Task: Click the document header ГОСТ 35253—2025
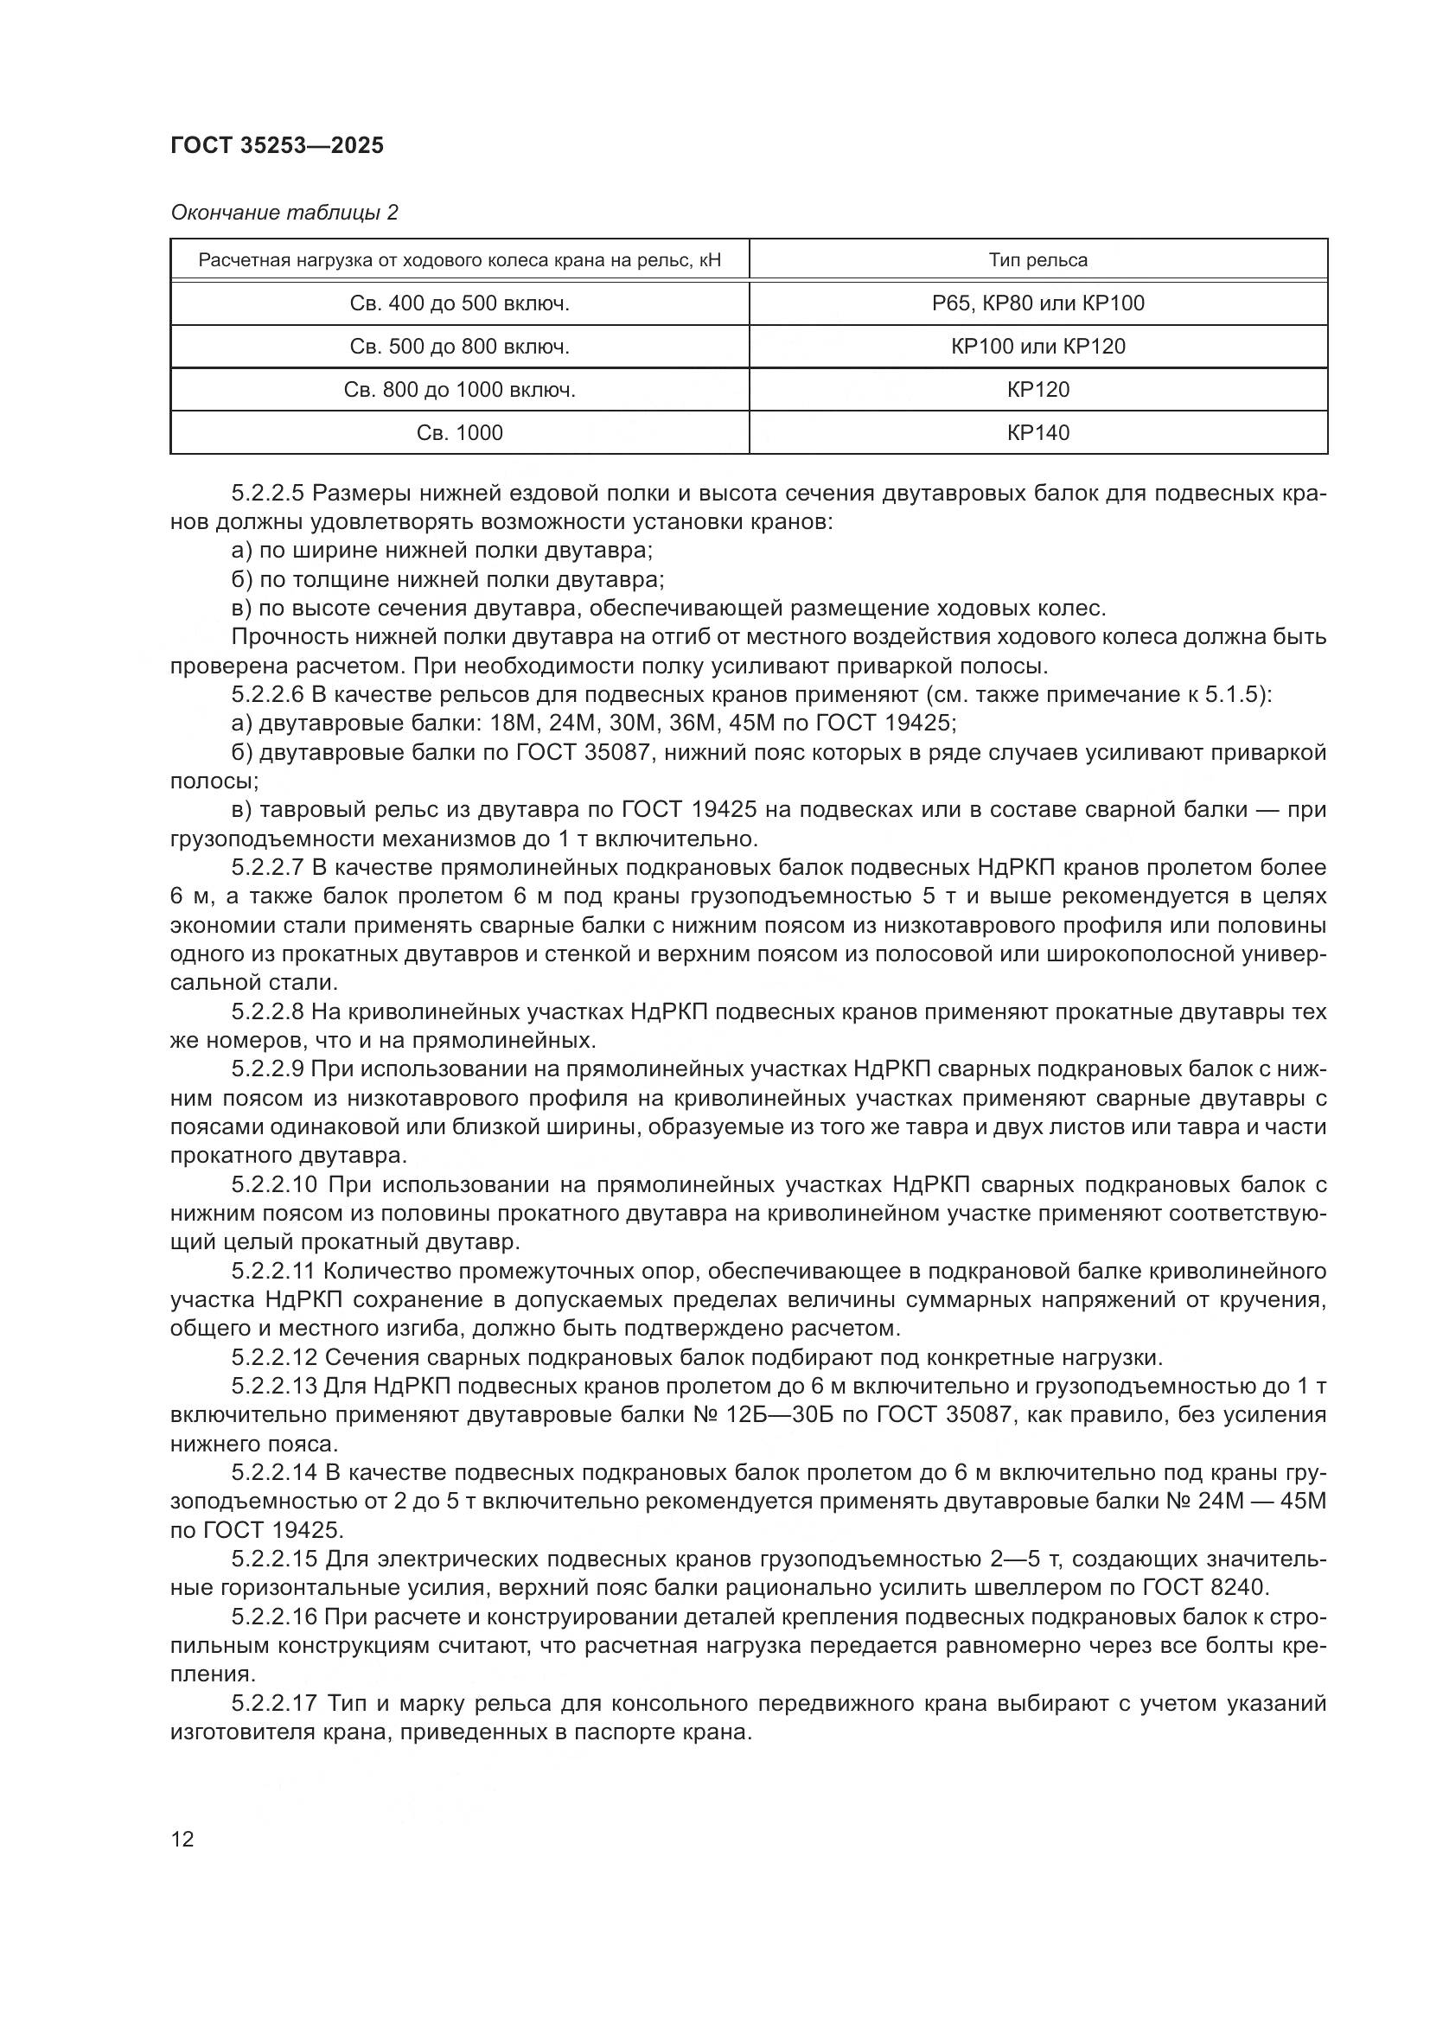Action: pos(277,146)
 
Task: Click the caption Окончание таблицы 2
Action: pos(284,213)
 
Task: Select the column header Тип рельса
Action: pos(1037,261)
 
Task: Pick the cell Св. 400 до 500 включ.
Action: pos(460,303)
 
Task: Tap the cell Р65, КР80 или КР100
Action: pos(1038,303)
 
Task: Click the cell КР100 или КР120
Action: pos(1038,347)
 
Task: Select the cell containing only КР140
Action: pos(1038,433)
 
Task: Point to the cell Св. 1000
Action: pos(460,433)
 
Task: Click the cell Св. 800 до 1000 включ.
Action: pos(460,390)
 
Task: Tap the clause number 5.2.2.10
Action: pos(274,1184)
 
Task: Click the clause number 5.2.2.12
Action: pos(274,1358)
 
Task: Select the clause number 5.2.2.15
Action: pos(274,1560)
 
